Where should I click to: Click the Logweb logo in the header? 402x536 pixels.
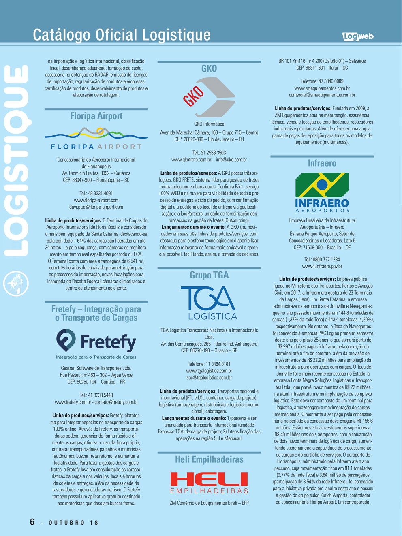358,36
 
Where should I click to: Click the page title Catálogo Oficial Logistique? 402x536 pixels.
122,35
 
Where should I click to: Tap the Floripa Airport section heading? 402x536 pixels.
96,116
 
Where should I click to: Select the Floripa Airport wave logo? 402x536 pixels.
96,139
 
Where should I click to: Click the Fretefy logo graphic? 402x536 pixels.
96,344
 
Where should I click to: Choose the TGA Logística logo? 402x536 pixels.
209,303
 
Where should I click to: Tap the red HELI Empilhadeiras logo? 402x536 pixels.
209,483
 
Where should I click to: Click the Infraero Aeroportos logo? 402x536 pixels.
322,192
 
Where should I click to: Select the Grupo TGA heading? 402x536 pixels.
209,275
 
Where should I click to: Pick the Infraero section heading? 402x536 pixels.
322,163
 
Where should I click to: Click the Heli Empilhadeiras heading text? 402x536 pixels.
209,459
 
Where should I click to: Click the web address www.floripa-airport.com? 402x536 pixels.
96,200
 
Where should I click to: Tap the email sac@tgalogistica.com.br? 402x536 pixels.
209,378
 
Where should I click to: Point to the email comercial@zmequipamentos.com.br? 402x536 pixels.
322,95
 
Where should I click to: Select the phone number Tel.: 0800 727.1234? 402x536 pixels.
322,260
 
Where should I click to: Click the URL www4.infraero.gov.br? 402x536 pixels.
322,267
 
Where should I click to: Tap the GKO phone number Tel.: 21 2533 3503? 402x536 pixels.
209,153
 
